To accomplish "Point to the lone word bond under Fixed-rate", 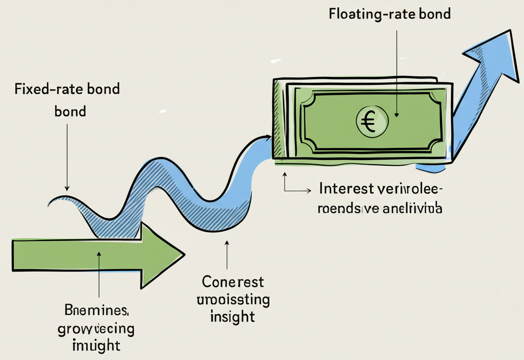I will (70, 111).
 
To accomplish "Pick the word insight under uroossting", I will (232, 317).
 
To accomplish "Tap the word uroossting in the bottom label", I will (232, 299).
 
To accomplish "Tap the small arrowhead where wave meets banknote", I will (269, 137).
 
